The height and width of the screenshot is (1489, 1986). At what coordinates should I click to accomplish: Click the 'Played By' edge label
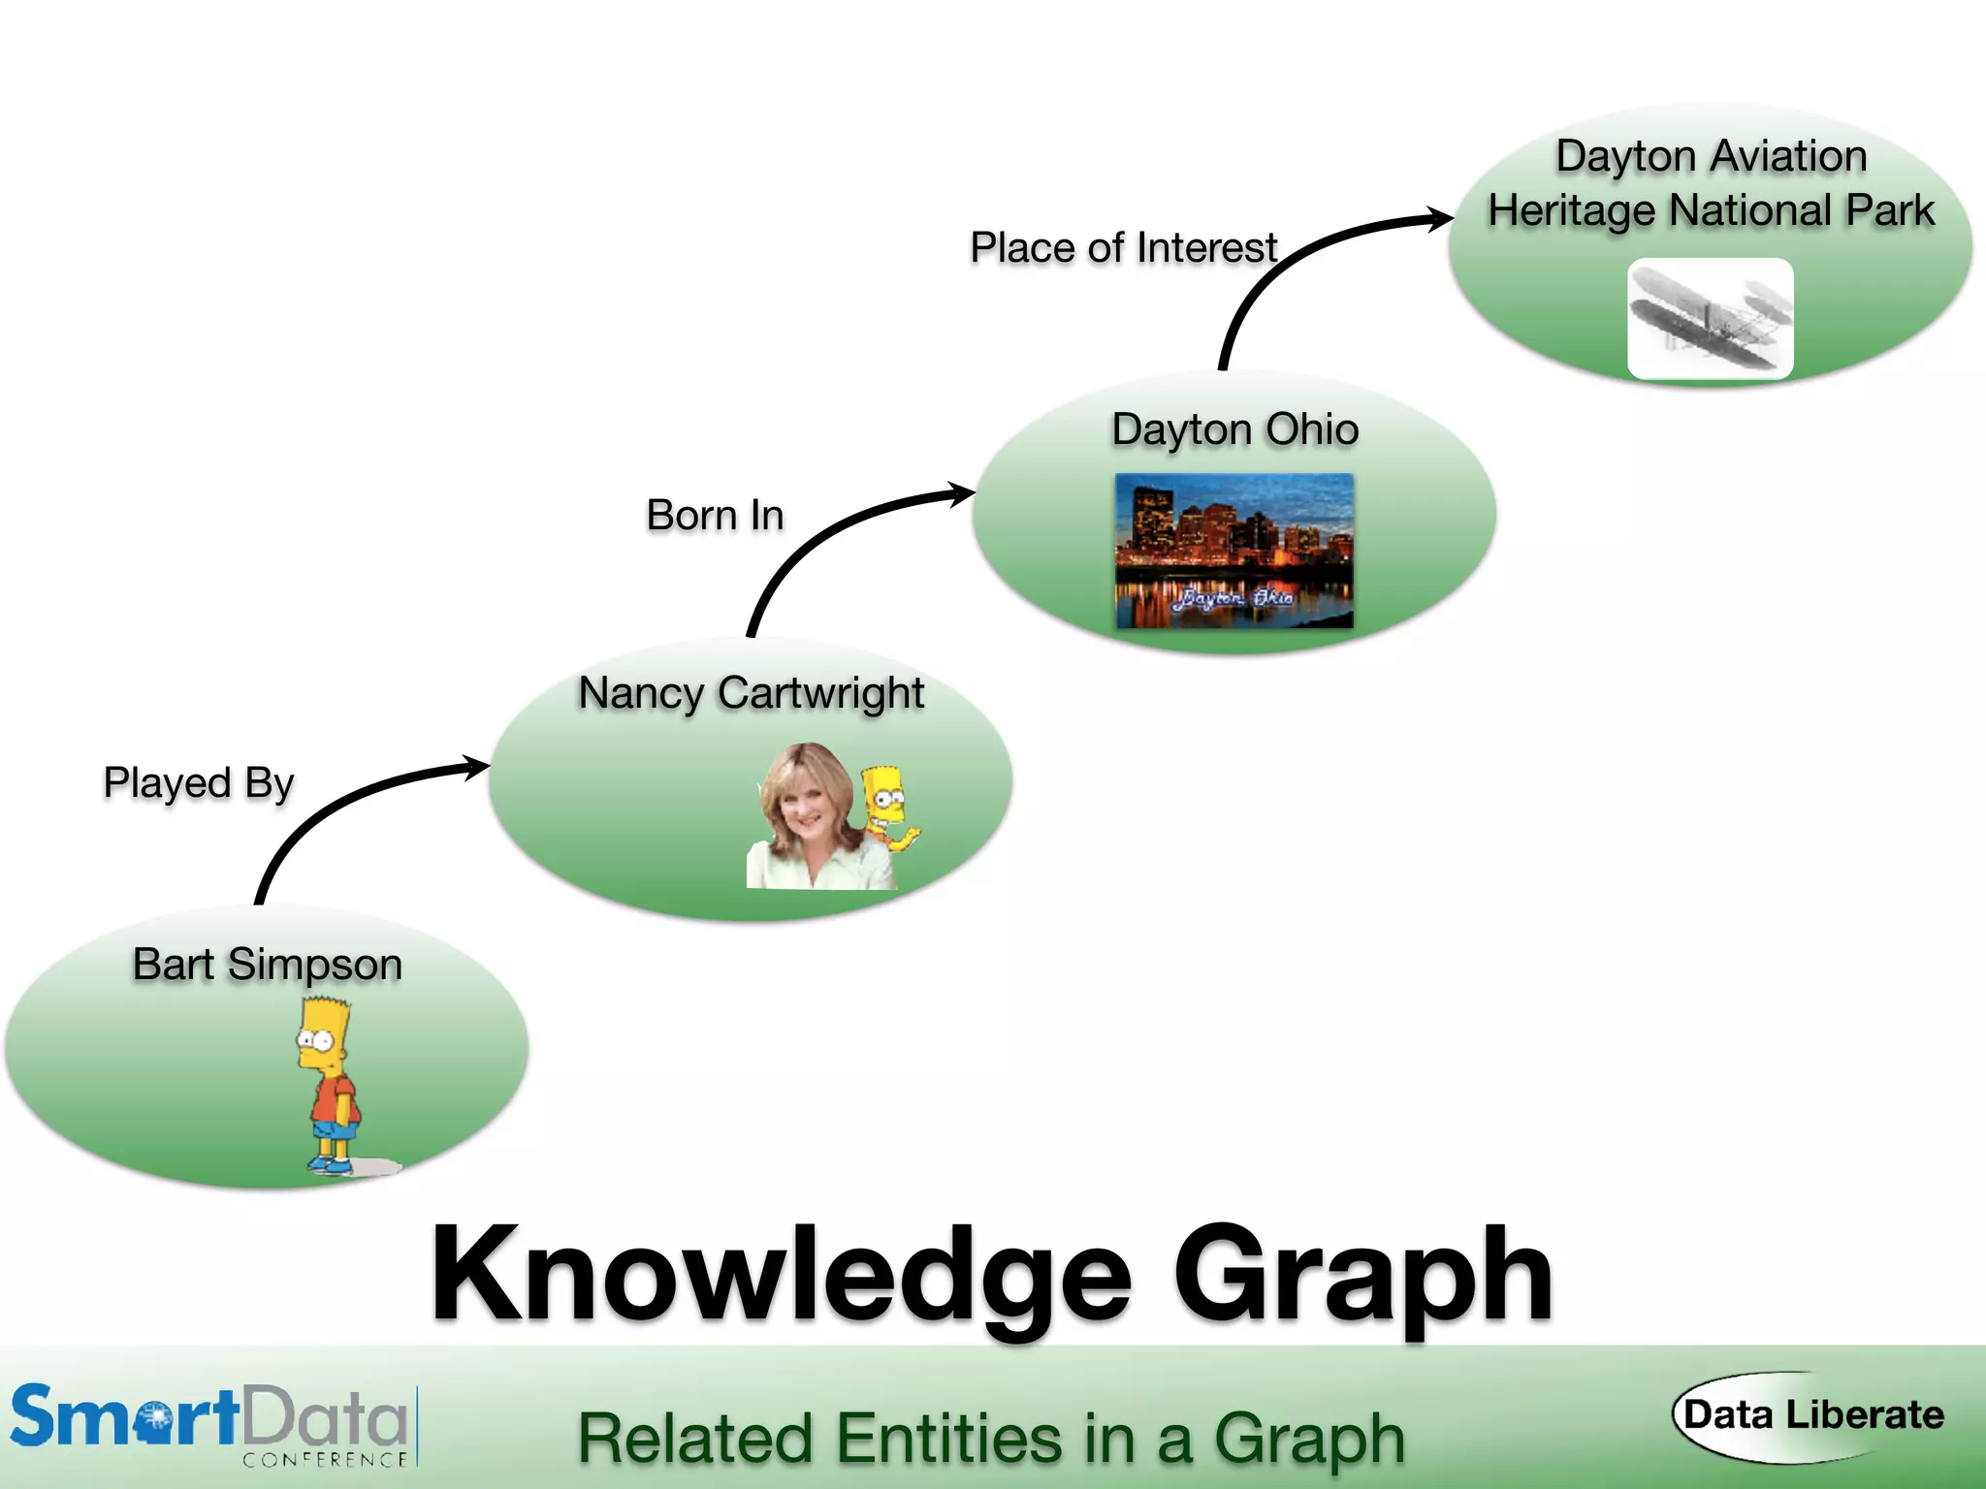pos(198,783)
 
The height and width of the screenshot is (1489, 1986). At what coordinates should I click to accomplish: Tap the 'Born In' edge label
pos(715,515)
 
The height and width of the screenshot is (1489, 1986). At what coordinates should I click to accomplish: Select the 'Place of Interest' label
pos(1123,247)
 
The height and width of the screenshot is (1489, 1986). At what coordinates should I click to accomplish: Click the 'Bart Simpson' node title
pos(267,965)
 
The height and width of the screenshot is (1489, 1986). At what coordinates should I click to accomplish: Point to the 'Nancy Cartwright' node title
pos(751,693)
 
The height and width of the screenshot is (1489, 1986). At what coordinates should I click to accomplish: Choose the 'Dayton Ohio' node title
pos(1234,429)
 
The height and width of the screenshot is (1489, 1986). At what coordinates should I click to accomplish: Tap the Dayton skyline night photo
pos(1233,550)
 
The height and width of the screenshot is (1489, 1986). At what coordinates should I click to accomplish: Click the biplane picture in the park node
pos(1711,318)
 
